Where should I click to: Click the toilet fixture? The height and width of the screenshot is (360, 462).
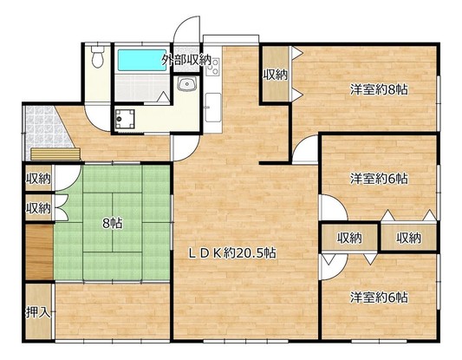pyautogui.click(x=97, y=57)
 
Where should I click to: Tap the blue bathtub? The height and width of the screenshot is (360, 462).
pyautogui.click(x=142, y=60)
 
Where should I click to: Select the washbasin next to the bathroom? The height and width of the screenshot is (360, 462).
pyautogui.click(x=187, y=84)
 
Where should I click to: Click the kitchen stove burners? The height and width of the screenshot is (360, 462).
pyautogui.click(x=213, y=67)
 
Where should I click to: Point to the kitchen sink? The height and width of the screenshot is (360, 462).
pyautogui.click(x=213, y=108)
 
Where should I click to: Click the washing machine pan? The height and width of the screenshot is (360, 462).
pyautogui.click(x=125, y=119)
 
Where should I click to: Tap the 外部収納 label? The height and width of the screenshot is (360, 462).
pyautogui.click(x=185, y=60)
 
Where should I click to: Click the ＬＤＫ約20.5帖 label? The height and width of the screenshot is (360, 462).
pyautogui.click(x=232, y=252)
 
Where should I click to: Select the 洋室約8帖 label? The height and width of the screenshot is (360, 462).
pyautogui.click(x=379, y=89)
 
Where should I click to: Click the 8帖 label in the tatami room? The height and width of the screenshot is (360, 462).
pyautogui.click(x=113, y=224)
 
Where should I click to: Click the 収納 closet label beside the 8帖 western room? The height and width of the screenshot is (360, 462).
pyautogui.click(x=275, y=75)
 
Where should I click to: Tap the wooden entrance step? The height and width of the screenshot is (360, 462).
pyautogui.click(x=55, y=154)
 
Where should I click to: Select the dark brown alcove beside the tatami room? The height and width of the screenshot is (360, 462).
pyautogui.click(x=39, y=252)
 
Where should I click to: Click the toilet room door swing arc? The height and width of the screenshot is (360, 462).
pyautogui.click(x=94, y=121)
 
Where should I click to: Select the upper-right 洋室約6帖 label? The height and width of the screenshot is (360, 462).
pyautogui.click(x=379, y=179)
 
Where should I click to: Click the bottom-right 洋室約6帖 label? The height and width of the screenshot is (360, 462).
pyautogui.click(x=379, y=298)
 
